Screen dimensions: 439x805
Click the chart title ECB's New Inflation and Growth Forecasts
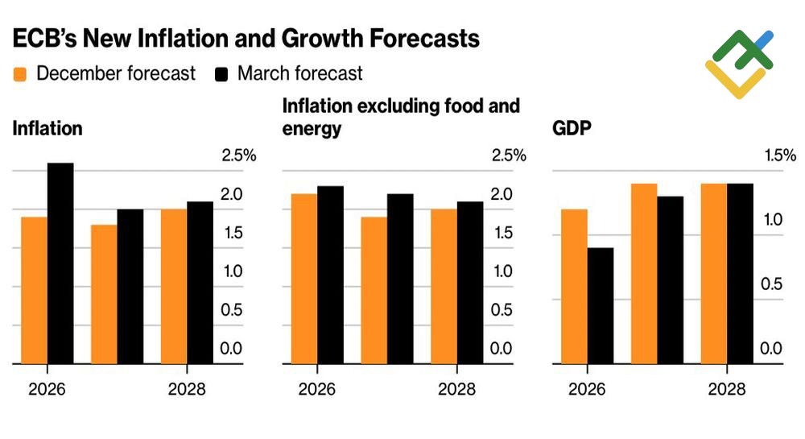point(246,38)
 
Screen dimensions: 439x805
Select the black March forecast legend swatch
point(221,74)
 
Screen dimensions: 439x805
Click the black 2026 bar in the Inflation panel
point(60,263)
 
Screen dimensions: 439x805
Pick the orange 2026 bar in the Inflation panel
point(34,290)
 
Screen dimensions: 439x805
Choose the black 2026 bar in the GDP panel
point(601,306)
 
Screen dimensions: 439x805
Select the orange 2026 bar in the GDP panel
point(574,286)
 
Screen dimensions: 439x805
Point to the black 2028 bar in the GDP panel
point(740,274)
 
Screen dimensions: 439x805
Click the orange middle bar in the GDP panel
point(644,274)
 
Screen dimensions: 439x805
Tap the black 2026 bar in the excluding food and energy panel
point(330,275)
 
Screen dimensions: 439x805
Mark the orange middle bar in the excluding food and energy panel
point(374,290)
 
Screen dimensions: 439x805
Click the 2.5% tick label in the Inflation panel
point(238,155)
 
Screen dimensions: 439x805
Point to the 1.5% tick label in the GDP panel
point(779,155)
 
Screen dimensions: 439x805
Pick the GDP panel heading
point(570,128)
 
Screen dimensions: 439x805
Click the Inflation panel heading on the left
point(47,128)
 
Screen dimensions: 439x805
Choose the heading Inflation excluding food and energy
point(401,117)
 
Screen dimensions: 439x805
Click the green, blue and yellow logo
point(739,64)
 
